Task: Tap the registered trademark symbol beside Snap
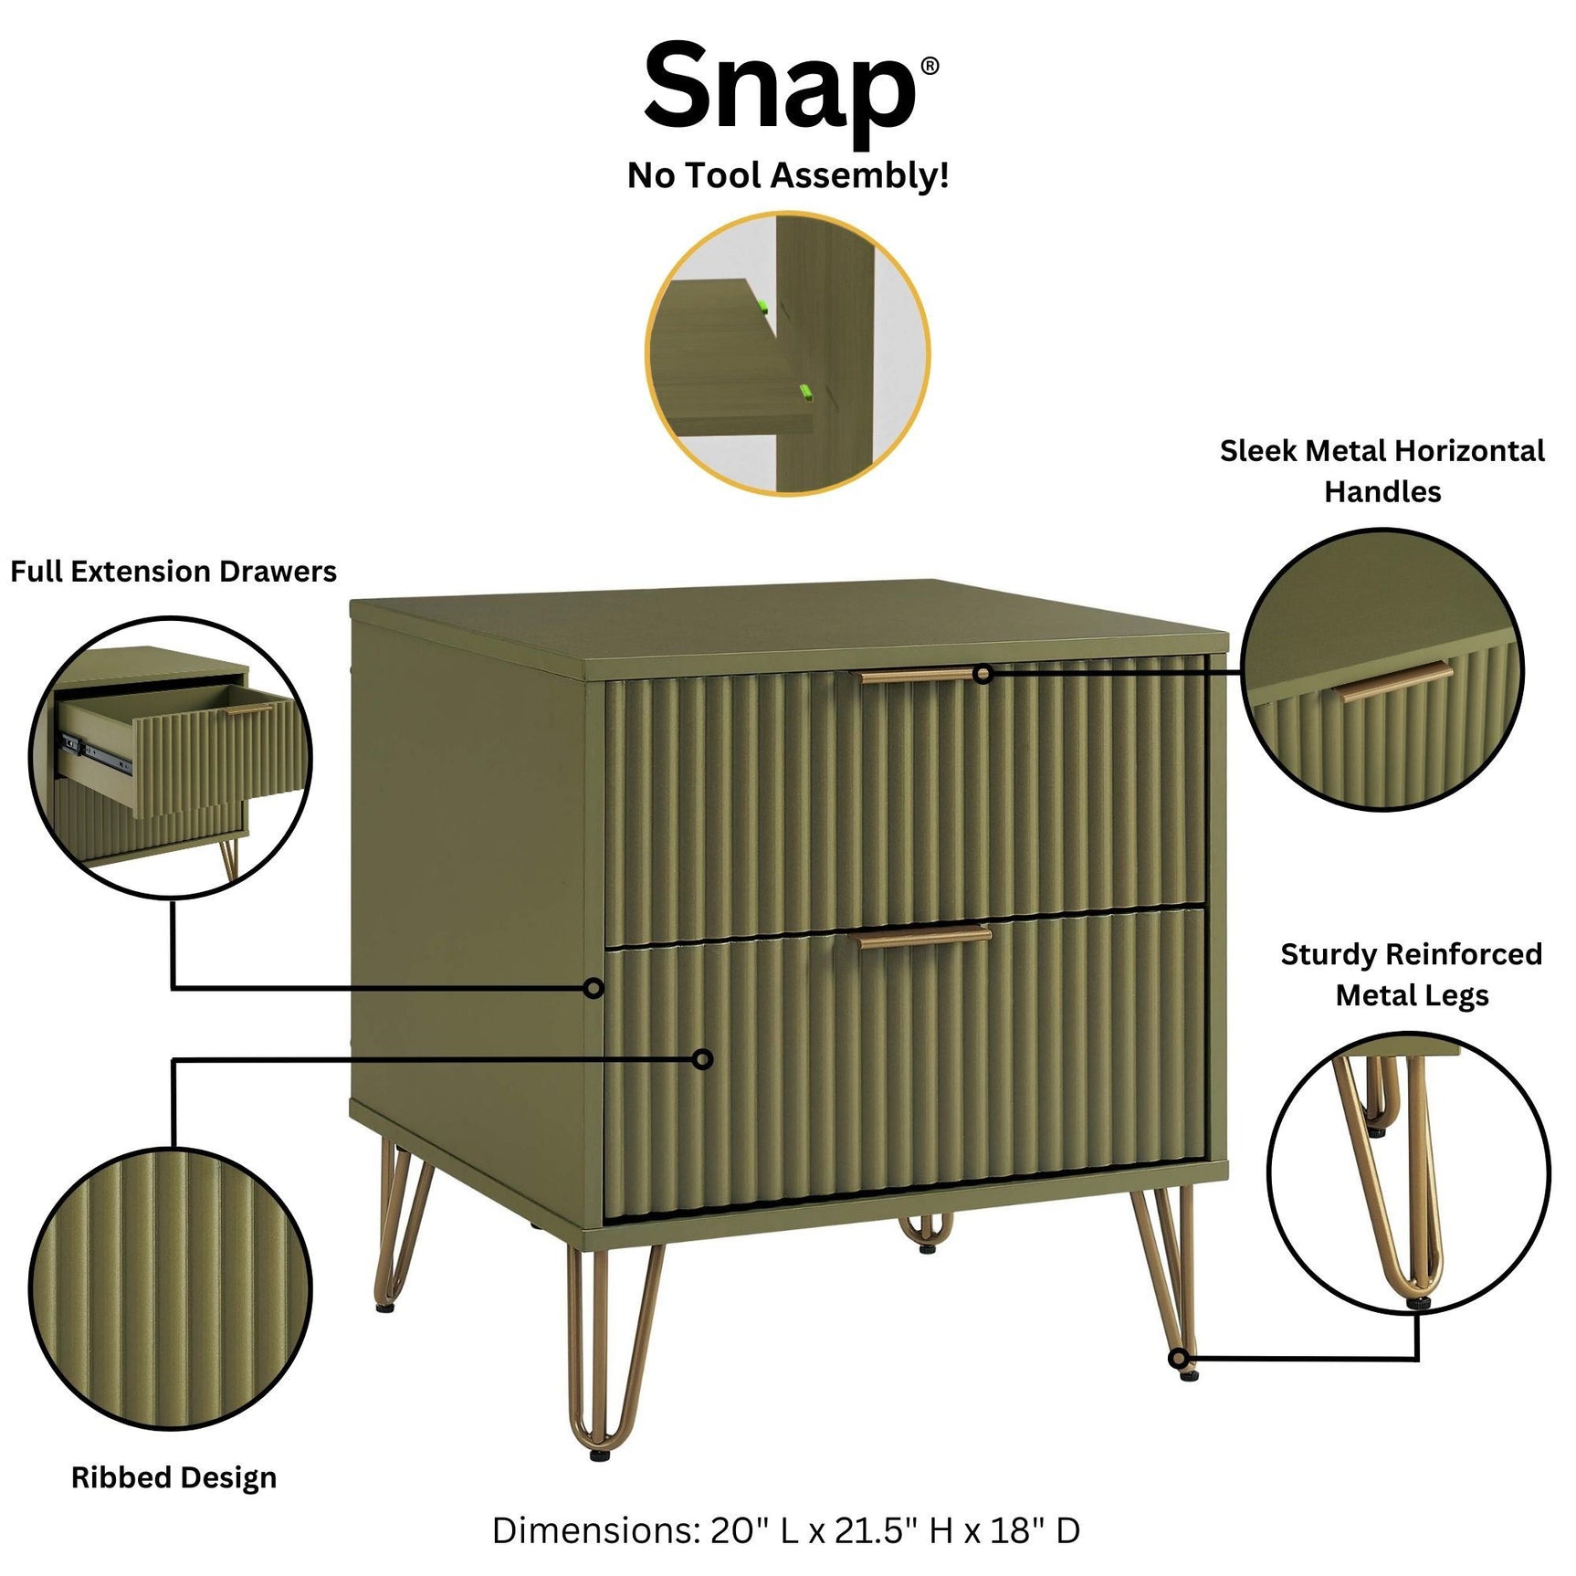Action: pyautogui.click(x=929, y=66)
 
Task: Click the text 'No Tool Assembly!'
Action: pyautogui.click(x=787, y=174)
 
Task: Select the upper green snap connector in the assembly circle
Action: pyautogui.click(x=762, y=308)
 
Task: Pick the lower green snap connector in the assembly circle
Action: pyautogui.click(x=805, y=393)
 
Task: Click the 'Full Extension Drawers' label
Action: pyautogui.click(x=173, y=572)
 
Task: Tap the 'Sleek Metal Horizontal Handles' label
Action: pyautogui.click(x=1382, y=471)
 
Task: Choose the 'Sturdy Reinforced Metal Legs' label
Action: pyautogui.click(x=1411, y=974)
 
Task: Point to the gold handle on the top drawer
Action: pyautogui.click(x=918, y=676)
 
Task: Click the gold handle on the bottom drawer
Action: pyautogui.click(x=920, y=937)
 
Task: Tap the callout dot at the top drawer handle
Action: pyautogui.click(x=982, y=675)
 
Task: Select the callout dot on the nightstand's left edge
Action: pyautogui.click(x=594, y=988)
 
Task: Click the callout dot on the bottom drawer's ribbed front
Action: pyautogui.click(x=702, y=1059)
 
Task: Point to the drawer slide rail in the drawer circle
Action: pyautogui.click(x=96, y=751)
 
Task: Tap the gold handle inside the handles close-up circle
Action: pyautogui.click(x=1394, y=680)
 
